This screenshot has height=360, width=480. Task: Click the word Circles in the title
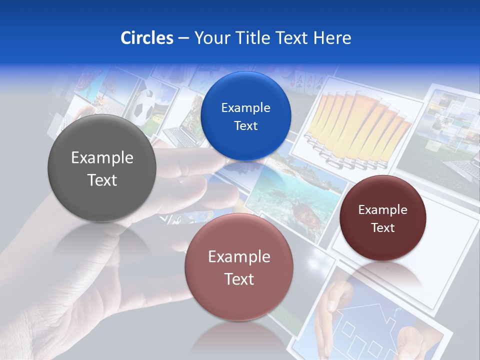pos(146,38)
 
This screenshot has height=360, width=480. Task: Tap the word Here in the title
pos(332,38)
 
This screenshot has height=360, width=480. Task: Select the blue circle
pos(245,116)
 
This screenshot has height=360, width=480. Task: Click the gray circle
pos(102,169)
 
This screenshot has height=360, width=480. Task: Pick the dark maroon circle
pos(382,218)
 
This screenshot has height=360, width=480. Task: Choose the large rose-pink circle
pos(239,267)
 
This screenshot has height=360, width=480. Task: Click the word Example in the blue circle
pos(245,107)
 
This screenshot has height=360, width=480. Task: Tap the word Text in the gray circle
pos(102,180)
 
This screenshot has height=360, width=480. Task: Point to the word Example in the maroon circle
pos(382,210)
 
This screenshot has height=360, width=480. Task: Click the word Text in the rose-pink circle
pos(239,279)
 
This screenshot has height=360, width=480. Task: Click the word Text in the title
pos(292,38)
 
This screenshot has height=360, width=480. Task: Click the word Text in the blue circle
pos(245,125)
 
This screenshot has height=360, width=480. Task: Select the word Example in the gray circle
pos(102,158)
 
